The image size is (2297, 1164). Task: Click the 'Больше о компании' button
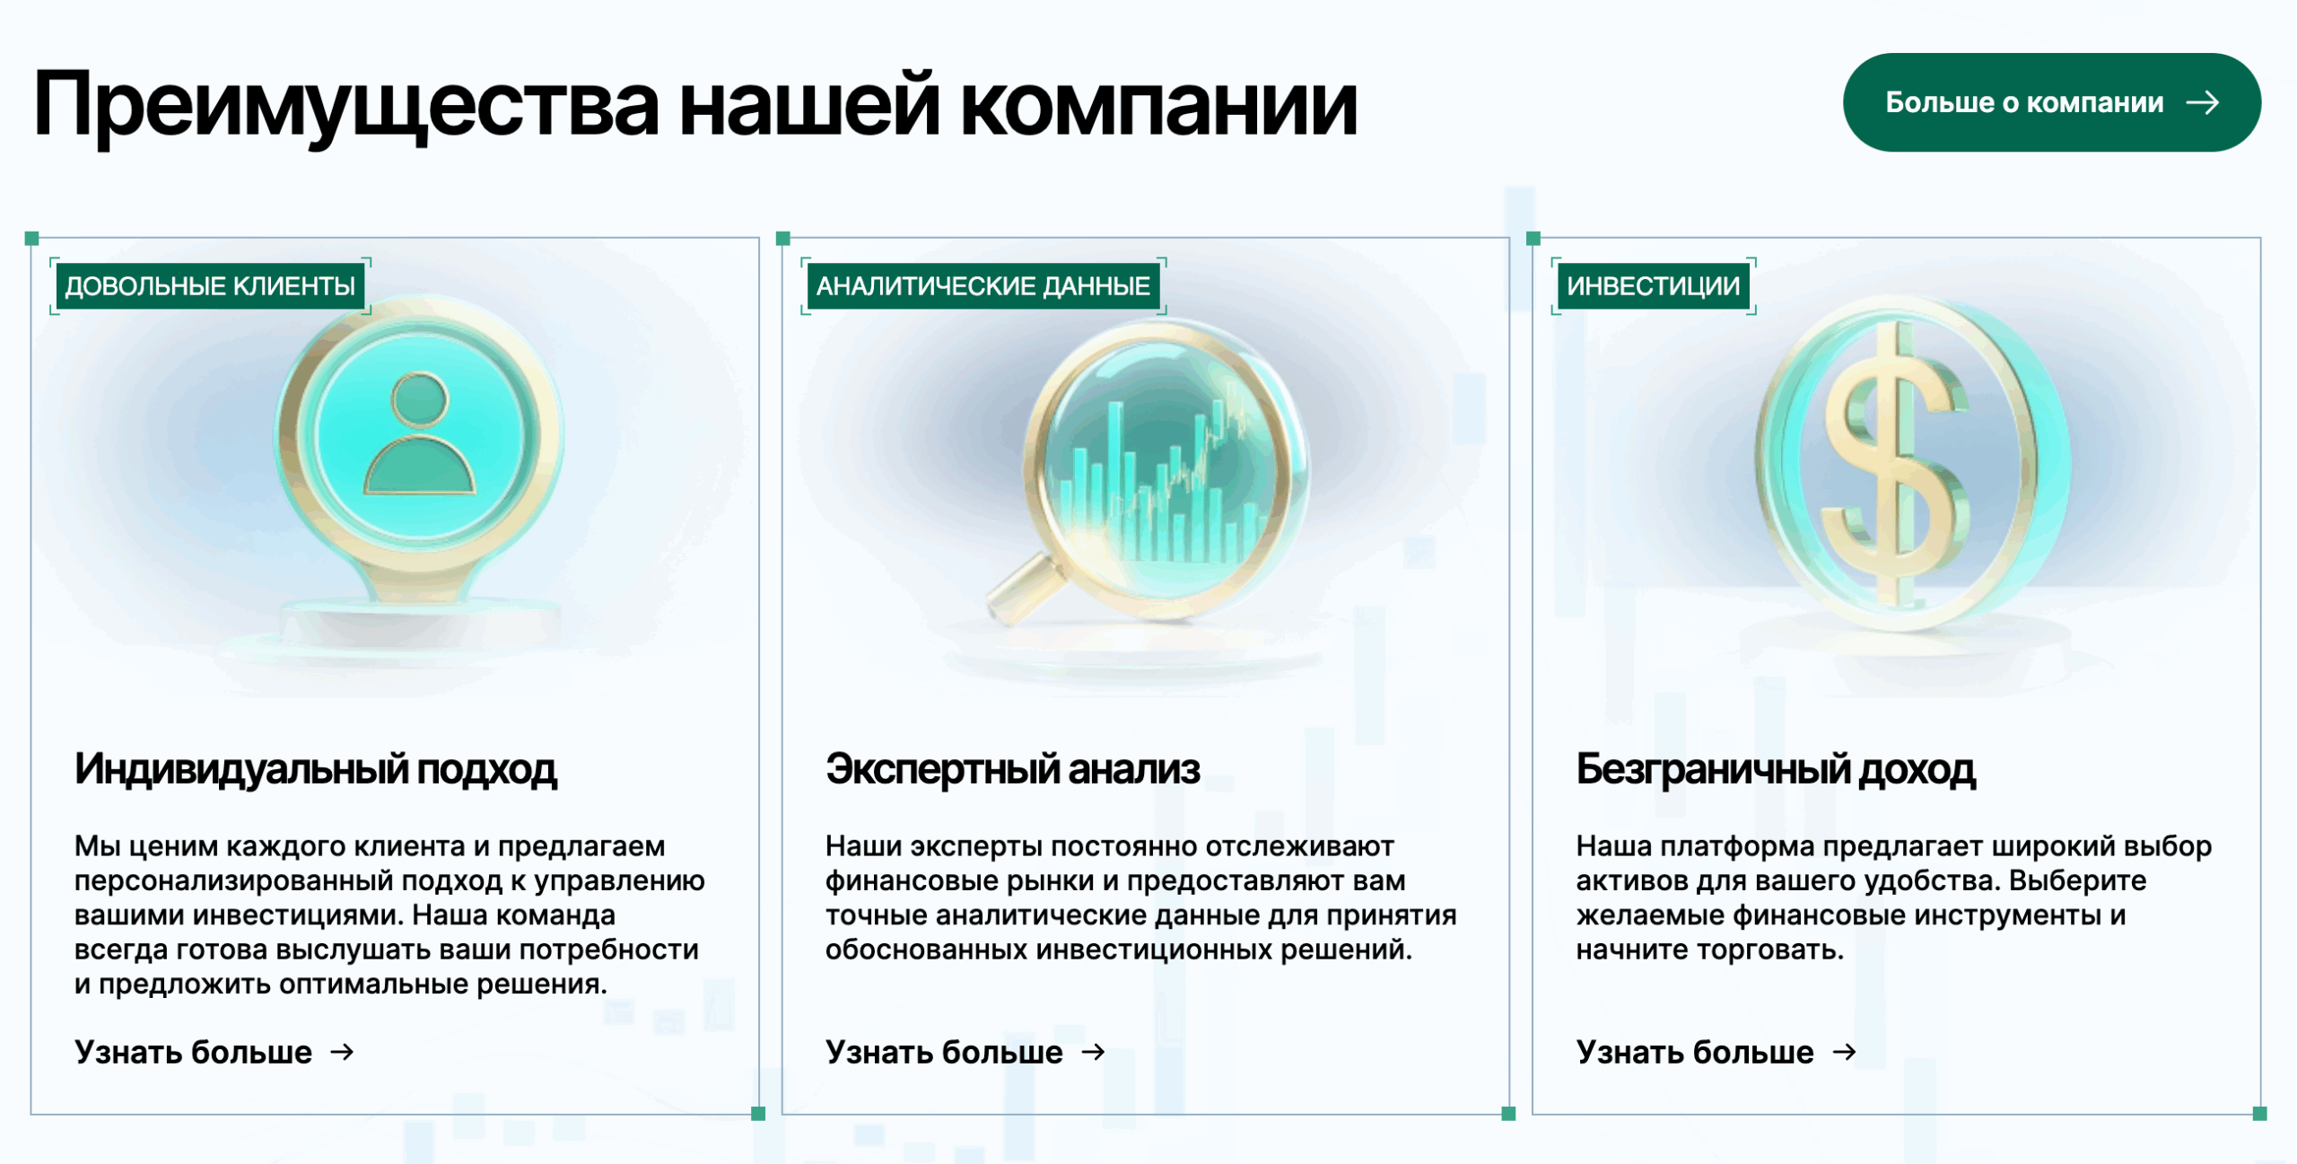(x=2051, y=102)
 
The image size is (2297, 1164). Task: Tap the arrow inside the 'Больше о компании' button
(x=2203, y=103)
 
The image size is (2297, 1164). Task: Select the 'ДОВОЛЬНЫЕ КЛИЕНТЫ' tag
(x=210, y=286)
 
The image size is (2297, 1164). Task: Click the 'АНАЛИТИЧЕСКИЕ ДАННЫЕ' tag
(x=983, y=286)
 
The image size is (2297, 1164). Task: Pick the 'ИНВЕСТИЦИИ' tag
(x=1654, y=286)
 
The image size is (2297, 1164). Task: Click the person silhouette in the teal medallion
(x=419, y=433)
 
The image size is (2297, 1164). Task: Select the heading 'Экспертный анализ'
(x=1013, y=770)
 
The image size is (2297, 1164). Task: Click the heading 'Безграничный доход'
(x=1776, y=770)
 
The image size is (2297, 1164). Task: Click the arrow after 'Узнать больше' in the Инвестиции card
(x=1844, y=1052)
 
